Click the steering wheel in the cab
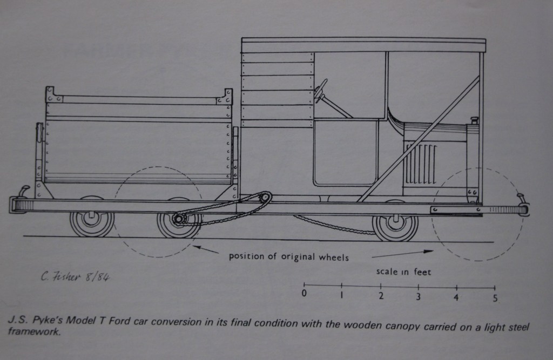(x=321, y=90)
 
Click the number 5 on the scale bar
(x=495, y=297)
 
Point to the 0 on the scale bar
(x=304, y=294)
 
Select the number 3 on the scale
(x=418, y=296)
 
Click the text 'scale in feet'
(x=403, y=271)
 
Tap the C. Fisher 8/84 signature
(x=77, y=277)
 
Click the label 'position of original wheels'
(x=288, y=256)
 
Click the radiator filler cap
(x=475, y=120)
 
